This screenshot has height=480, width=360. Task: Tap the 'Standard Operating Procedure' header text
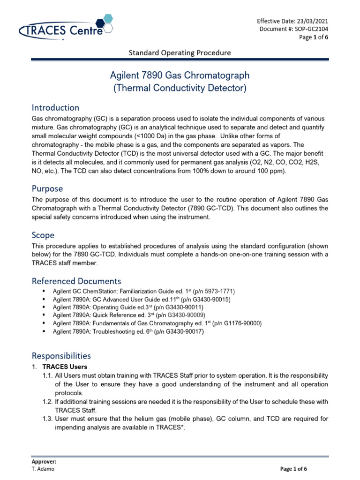coord(180,52)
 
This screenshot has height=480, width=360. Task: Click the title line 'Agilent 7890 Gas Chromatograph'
coord(180,75)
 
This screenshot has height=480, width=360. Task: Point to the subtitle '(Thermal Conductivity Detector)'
coord(180,88)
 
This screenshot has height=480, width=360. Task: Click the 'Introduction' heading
coord(55,108)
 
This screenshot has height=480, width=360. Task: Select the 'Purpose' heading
coord(47,188)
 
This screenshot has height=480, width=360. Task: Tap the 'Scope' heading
coord(43,235)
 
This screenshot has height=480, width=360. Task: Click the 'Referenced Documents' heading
coord(76,281)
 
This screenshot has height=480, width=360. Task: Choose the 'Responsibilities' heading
coord(61,356)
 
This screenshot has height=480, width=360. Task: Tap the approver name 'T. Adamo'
coord(43,469)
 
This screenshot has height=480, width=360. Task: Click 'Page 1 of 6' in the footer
coord(294,469)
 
